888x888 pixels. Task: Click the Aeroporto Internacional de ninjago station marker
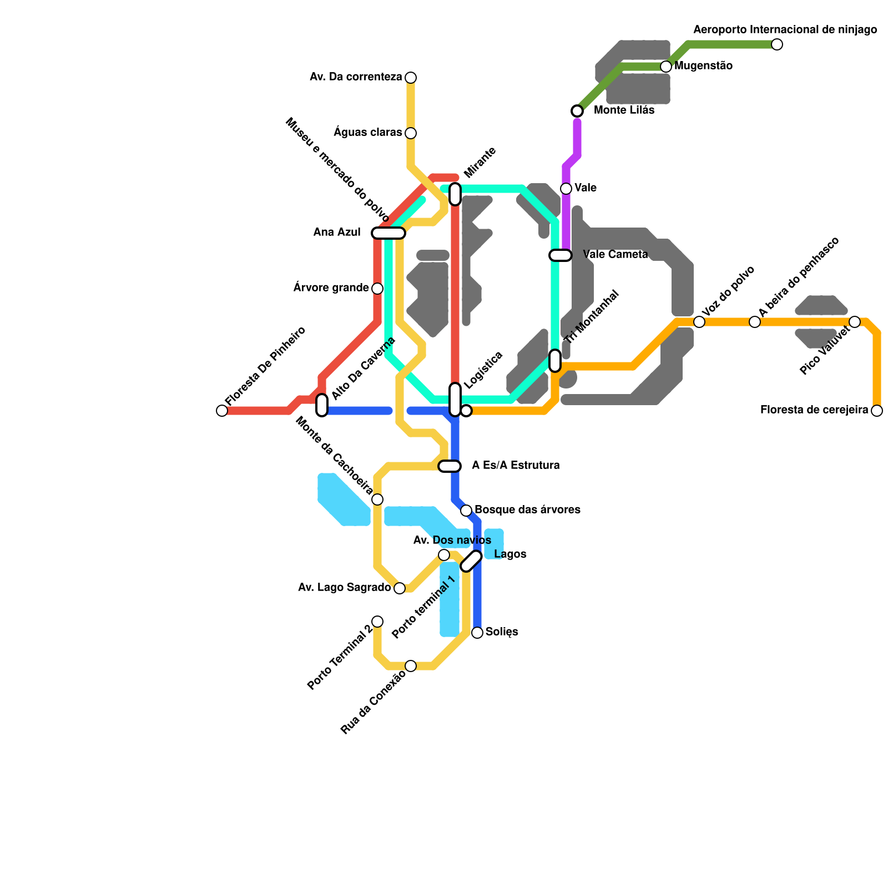point(777,44)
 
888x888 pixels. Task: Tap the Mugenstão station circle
point(666,67)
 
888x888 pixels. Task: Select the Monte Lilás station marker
point(577,111)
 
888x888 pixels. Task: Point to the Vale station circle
point(566,189)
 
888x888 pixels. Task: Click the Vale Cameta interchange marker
point(561,255)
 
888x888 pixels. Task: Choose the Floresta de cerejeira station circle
point(877,411)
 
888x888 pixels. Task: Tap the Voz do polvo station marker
point(699,322)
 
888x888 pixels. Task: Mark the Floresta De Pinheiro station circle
point(222,411)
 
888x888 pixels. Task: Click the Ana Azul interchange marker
point(389,233)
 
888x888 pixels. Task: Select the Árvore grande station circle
point(377,289)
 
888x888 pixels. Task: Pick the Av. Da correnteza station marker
point(411,78)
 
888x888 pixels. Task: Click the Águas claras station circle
point(411,133)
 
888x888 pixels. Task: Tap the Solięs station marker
point(477,633)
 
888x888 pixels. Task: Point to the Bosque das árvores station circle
point(466,511)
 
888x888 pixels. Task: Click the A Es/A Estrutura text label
point(516,465)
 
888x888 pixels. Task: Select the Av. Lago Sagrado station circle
point(400,588)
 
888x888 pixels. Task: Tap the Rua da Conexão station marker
point(411,666)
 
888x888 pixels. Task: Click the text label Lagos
point(510,554)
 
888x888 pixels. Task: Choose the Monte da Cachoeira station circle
point(377,500)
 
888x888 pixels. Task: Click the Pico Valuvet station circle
point(855,322)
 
